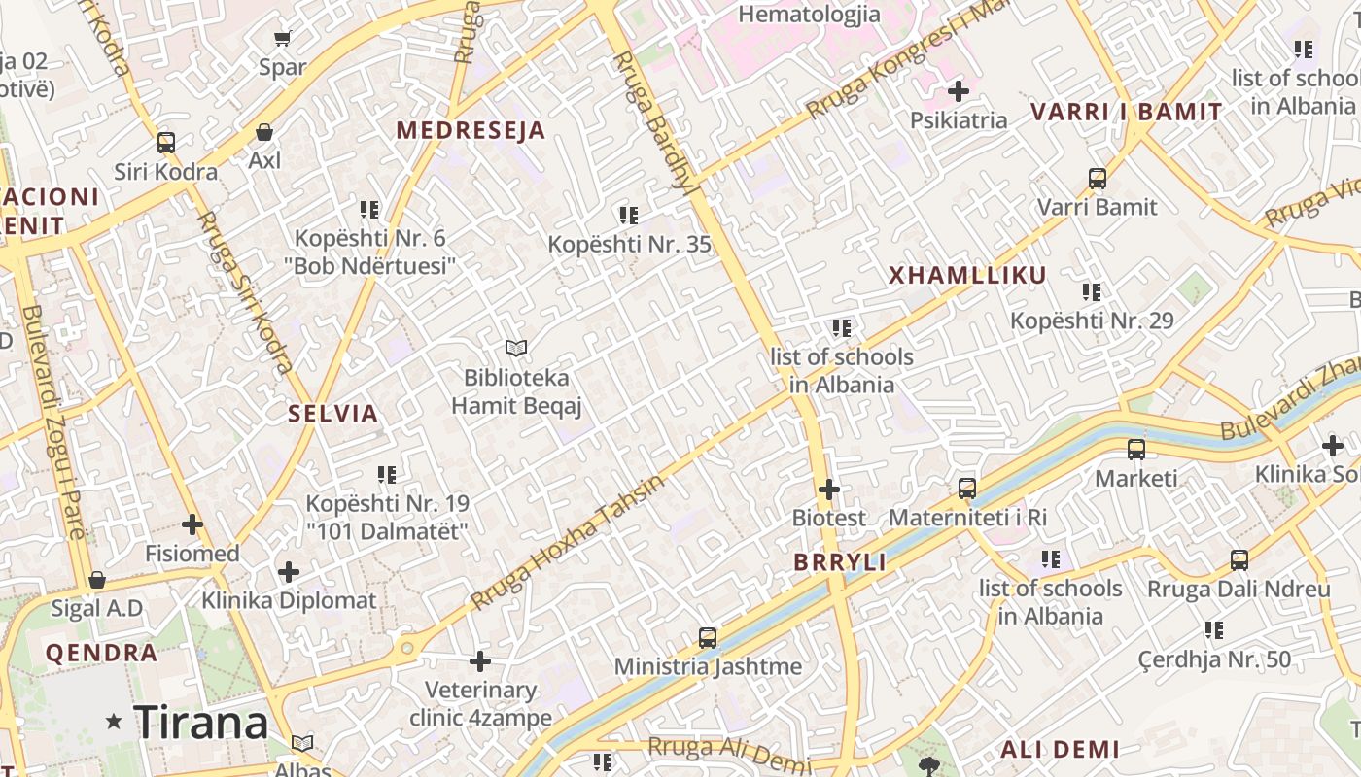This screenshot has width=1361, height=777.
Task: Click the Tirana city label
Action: click(x=200, y=722)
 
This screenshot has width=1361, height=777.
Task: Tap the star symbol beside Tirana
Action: click(x=115, y=722)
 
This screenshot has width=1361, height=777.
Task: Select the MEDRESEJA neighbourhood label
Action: click(x=471, y=130)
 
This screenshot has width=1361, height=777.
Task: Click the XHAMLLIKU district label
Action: click(x=967, y=275)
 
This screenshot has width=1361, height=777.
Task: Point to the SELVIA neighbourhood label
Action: click(x=332, y=414)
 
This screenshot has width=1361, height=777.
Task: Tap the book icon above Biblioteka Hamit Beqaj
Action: click(x=515, y=348)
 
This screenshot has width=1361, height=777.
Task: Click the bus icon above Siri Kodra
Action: click(x=166, y=143)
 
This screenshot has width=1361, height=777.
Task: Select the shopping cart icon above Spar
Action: click(x=282, y=39)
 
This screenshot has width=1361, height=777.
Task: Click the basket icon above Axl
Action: click(x=263, y=132)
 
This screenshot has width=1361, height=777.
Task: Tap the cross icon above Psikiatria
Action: click(x=959, y=91)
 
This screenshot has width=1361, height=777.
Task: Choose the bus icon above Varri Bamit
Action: click(x=1098, y=179)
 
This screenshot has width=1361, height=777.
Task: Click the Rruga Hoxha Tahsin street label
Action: click(x=569, y=542)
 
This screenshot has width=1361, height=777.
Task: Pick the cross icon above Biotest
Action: click(x=828, y=490)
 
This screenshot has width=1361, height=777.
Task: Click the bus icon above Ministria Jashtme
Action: click(x=708, y=638)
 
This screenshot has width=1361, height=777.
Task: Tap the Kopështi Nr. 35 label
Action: click(x=630, y=244)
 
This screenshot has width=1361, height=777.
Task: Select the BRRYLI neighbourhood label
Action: click(x=840, y=562)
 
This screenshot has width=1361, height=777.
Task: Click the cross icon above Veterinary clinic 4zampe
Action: click(x=480, y=661)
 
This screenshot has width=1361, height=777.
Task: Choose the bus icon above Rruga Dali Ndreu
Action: click(x=1239, y=560)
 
